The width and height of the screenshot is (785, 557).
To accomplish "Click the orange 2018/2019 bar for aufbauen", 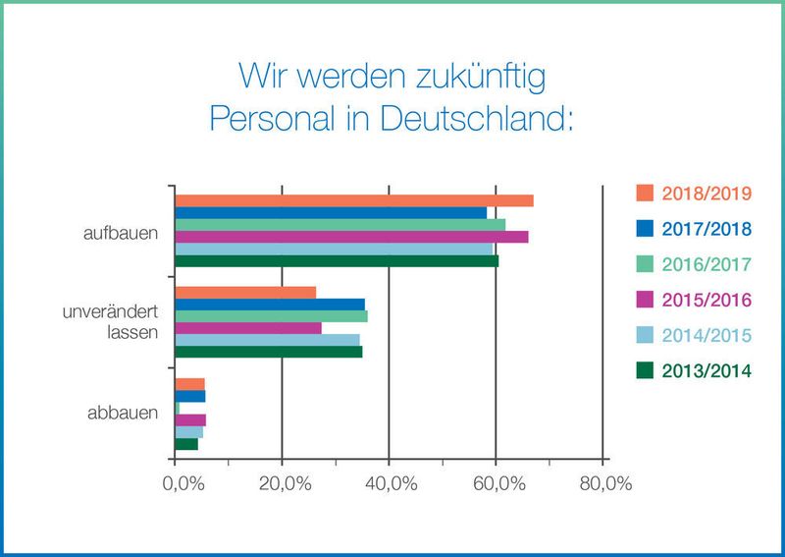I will point(353,200).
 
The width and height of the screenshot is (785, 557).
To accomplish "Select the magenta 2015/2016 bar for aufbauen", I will point(351,237).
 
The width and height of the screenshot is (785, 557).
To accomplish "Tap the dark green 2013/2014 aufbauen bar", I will point(337,261).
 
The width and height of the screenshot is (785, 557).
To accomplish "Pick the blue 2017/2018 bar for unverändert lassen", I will point(270,305).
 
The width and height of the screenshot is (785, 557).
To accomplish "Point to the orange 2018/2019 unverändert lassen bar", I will point(245,293).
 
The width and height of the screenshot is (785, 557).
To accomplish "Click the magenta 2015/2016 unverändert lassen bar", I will point(248,328).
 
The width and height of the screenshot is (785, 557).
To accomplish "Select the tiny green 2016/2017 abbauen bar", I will point(178,408).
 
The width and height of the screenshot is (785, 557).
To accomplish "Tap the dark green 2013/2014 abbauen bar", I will point(186,444).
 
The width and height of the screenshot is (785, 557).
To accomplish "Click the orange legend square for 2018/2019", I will point(645,193).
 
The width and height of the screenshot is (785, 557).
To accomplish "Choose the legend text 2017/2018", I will point(706,229).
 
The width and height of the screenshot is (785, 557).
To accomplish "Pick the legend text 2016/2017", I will point(706,264).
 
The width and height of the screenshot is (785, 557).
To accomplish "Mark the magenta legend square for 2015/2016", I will point(645,300).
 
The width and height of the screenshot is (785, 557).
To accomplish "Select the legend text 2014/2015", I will point(706,335).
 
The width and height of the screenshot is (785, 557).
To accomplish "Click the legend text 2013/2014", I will point(706,371).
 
